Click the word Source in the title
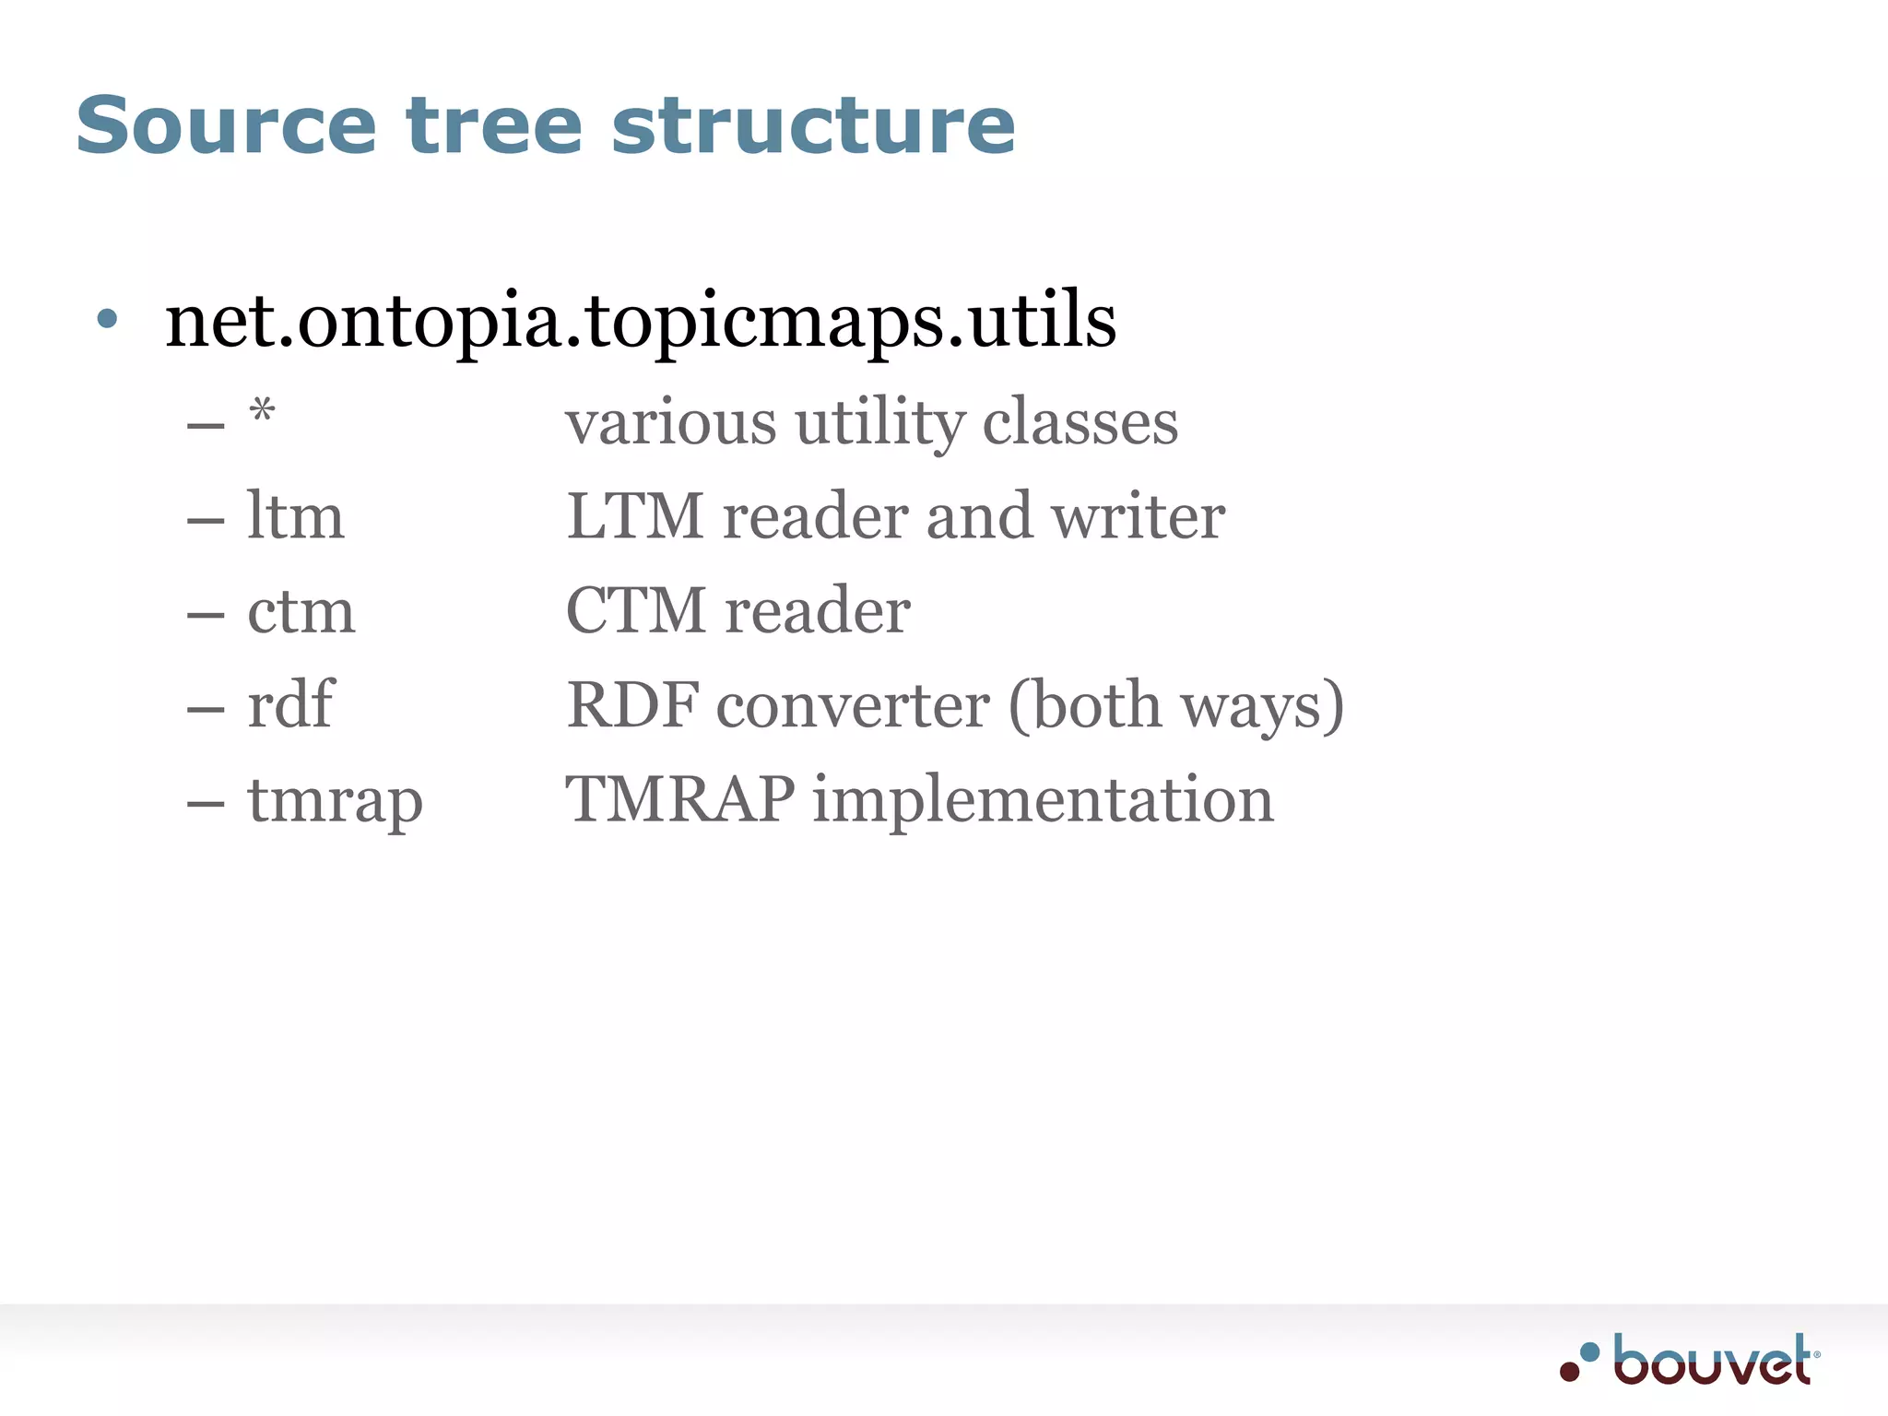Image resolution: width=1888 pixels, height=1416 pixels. (226, 126)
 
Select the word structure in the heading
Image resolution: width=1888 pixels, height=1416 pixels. (813, 126)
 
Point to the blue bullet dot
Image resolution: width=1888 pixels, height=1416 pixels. (108, 319)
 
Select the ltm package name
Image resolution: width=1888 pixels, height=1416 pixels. (295, 516)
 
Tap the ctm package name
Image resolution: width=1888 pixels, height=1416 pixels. (301, 611)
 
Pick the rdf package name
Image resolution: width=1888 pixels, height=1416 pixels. (290, 705)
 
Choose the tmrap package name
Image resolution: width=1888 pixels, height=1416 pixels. (335, 800)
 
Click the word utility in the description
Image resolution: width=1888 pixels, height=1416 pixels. (879, 423)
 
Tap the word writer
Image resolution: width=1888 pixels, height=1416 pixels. (1139, 516)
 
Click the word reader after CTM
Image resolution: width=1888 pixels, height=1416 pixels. (817, 611)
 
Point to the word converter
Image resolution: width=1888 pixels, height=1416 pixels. (854, 706)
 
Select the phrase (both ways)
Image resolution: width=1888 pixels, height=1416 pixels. (1176, 706)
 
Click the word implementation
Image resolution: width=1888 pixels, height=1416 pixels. (1043, 799)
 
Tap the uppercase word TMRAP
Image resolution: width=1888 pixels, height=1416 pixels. (680, 799)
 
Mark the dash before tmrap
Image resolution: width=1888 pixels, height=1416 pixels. (206, 803)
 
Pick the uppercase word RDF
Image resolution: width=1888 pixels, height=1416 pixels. (633, 706)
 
